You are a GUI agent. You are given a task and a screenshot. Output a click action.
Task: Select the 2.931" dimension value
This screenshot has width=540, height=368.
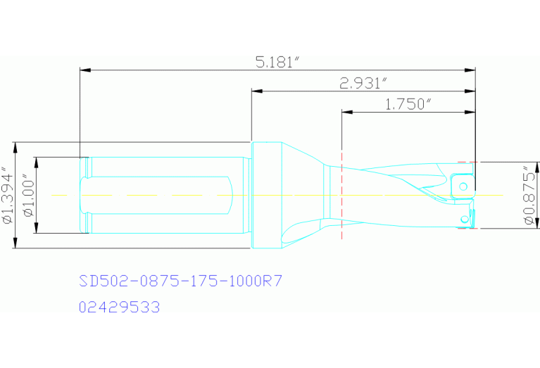[x=363, y=83]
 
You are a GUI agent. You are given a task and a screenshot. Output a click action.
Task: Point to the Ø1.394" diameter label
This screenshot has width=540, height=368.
[x=8, y=195]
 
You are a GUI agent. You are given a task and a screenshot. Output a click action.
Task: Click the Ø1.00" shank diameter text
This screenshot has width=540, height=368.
[x=29, y=195]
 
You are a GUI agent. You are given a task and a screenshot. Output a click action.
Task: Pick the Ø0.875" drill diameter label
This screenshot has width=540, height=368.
[x=529, y=195]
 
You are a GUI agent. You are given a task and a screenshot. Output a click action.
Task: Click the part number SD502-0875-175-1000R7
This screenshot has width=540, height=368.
[x=181, y=281]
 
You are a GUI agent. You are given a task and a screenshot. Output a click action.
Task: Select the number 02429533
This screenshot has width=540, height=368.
[x=120, y=307]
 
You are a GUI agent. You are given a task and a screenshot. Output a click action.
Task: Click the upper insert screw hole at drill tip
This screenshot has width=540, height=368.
[x=463, y=186]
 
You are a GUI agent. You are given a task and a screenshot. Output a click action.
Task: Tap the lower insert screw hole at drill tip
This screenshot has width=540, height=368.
[x=464, y=220]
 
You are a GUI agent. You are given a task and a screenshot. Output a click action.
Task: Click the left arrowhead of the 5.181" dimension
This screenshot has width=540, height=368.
[x=84, y=70]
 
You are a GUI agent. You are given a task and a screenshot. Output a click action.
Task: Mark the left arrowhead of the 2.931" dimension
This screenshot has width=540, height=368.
[x=256, y=91]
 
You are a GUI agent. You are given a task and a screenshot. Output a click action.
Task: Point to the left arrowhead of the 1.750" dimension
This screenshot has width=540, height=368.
[x=346, y=111]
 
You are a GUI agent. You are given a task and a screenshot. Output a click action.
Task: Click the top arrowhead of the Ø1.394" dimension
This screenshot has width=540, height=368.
[x=15, y=146]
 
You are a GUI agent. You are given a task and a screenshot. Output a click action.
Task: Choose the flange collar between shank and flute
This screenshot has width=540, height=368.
[x=266, y=195]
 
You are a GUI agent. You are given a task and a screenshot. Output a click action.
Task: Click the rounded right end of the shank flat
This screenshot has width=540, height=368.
[x=231, y=195]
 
